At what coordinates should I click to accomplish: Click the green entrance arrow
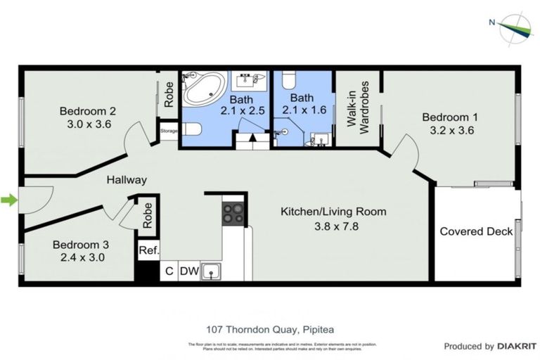tap(8, 201)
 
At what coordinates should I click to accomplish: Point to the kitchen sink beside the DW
tap(210, 271)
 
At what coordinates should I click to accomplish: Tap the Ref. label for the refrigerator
tap(148, 250)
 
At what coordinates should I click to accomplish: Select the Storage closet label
tap(169, 131)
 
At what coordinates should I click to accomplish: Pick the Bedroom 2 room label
tap(87, 110)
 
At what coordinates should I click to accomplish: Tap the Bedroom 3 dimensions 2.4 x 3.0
tap(81, 257)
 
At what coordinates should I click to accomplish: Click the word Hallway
tap(127, 180)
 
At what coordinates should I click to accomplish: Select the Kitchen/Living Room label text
tap(333, 211)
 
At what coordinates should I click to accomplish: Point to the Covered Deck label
tap(476, 231)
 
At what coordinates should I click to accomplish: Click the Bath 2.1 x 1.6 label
tap(302, 103)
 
